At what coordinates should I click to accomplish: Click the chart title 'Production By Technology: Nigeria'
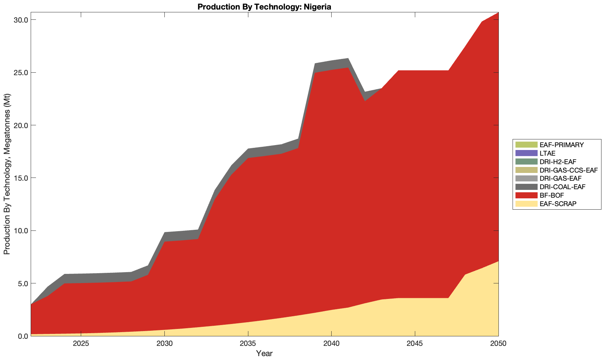tap(264, 7)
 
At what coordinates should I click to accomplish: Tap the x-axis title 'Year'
tap(264, 353)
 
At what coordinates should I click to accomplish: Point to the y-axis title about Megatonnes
tap(7, 174)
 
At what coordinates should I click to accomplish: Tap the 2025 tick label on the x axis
tap(81, 344)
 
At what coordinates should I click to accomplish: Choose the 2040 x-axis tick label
tap(331, 344)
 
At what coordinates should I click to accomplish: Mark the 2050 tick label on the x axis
tap(498, 344)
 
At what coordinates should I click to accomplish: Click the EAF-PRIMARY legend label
tap(562, 145)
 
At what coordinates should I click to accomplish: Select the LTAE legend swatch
tap(526, 153)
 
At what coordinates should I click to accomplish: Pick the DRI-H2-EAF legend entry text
tap(558, 162)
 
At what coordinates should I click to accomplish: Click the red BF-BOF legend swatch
tap(526, 195)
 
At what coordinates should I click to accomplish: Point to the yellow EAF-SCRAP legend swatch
tap(526, 204)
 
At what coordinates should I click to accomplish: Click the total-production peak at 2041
tap(348, 58)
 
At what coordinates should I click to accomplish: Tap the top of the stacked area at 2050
tap(498, 12)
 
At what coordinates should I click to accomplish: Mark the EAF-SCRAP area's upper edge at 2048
tap(465, 275)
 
